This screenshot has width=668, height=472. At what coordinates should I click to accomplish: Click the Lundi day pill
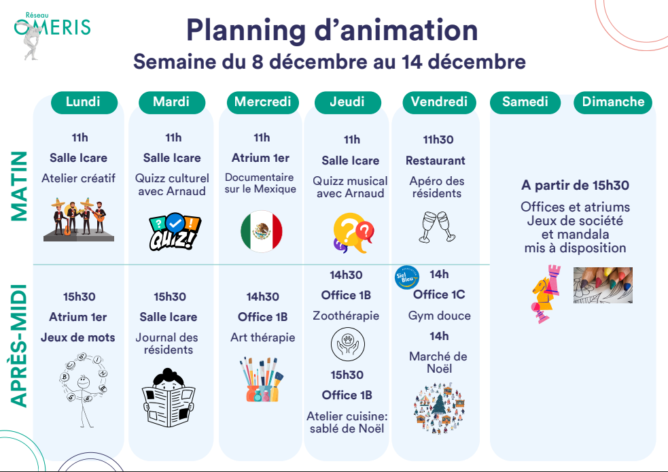(84, 102)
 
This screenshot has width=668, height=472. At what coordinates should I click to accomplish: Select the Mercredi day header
(262, 102)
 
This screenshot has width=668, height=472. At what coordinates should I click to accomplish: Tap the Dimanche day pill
(613, 102)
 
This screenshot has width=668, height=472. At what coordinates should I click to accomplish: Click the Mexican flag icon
(262, 231)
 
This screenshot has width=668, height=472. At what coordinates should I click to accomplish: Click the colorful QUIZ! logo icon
(175, 231)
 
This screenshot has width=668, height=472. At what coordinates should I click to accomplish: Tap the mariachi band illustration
(79, 219)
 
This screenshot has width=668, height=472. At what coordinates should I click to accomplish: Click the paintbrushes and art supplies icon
(261, 380)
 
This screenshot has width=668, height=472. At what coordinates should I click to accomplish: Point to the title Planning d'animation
(332, 31)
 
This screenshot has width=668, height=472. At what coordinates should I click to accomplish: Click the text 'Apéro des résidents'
(437, 187)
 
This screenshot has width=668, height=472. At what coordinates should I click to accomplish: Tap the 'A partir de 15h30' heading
(575, 185)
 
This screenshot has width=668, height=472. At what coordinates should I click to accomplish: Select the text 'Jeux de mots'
(78, 337)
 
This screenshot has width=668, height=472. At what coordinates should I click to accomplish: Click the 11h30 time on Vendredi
(438, 139)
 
